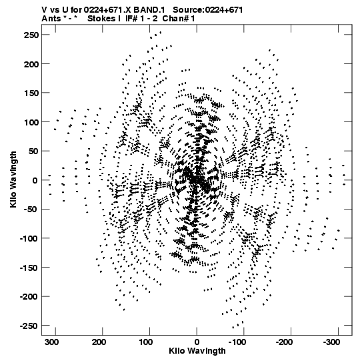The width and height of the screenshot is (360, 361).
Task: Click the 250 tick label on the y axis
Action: click(31, 35)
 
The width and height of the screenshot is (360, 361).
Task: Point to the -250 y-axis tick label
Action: click(29, 326)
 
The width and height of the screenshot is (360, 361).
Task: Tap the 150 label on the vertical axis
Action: click(31, 93)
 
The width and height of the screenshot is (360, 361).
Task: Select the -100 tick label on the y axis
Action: click(29, 239)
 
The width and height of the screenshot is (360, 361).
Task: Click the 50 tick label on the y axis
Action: click(33, 151)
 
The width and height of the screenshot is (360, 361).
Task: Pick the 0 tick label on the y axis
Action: click(35, 180)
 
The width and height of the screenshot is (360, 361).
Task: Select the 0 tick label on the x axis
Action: click(197, 342)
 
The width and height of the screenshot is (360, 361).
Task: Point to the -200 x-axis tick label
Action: click(284, 342)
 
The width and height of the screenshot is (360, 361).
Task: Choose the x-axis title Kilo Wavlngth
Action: click(197, 351)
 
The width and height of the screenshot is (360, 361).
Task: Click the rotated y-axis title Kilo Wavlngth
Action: click(13, 179)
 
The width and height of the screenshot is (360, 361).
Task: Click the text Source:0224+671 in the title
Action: click(208, 10)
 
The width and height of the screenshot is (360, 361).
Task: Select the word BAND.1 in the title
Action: click(149, 10)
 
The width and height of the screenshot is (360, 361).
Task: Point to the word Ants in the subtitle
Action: click(51, 19)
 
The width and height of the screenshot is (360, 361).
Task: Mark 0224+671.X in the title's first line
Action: click(107, 10)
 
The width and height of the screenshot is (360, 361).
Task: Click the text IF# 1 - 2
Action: click(141, 19)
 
